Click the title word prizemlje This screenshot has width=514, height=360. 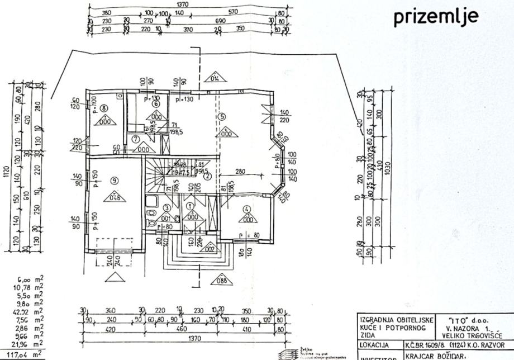pyautogui.click(x=436, y=17)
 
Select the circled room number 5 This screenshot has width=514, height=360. pyautogui.click(x=222, y=117)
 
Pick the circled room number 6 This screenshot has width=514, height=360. pyautogui.click(x=156, y=103)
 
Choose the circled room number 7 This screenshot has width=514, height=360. pyautogui.click(x=136, y=139)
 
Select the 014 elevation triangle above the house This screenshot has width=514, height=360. pyautogui.click(x=213, y=78)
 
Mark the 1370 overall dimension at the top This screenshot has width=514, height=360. pyautogui.click(x=182, y=4)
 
